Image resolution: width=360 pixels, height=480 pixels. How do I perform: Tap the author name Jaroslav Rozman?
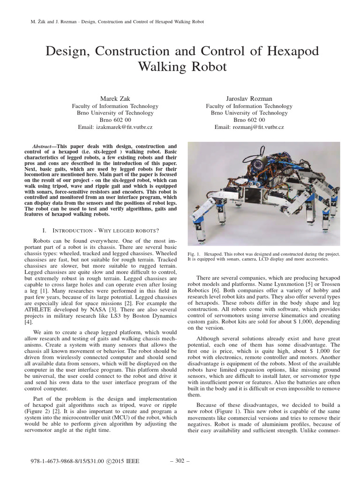[x=249, y=98]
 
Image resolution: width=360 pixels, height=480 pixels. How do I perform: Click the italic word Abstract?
[x=45, y=147]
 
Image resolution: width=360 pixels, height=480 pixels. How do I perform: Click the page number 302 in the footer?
[x=180, y=461]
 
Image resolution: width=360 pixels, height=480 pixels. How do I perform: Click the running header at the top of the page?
[x=113, y=22]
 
